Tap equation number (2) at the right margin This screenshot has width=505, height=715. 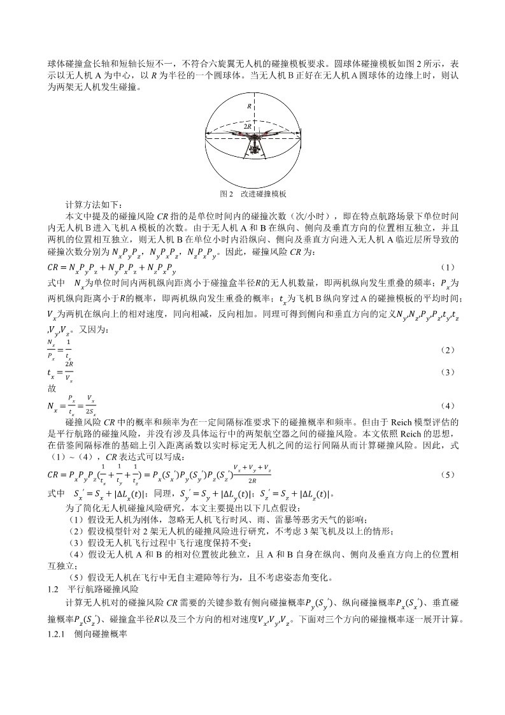(x=448, y=350)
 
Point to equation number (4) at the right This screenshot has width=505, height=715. (x=448, y=406)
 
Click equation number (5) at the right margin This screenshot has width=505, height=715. (x=448, y=475)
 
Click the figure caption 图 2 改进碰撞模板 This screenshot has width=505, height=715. (x=253, y=193)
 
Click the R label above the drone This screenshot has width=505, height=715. (x=250, y=106)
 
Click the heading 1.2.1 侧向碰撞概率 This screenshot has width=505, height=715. (x=93, y=635)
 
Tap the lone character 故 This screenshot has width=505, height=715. (x=52, y=387)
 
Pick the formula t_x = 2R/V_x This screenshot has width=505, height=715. (x=60, y=372)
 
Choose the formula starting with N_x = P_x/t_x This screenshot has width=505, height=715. (x=73, y=406)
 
